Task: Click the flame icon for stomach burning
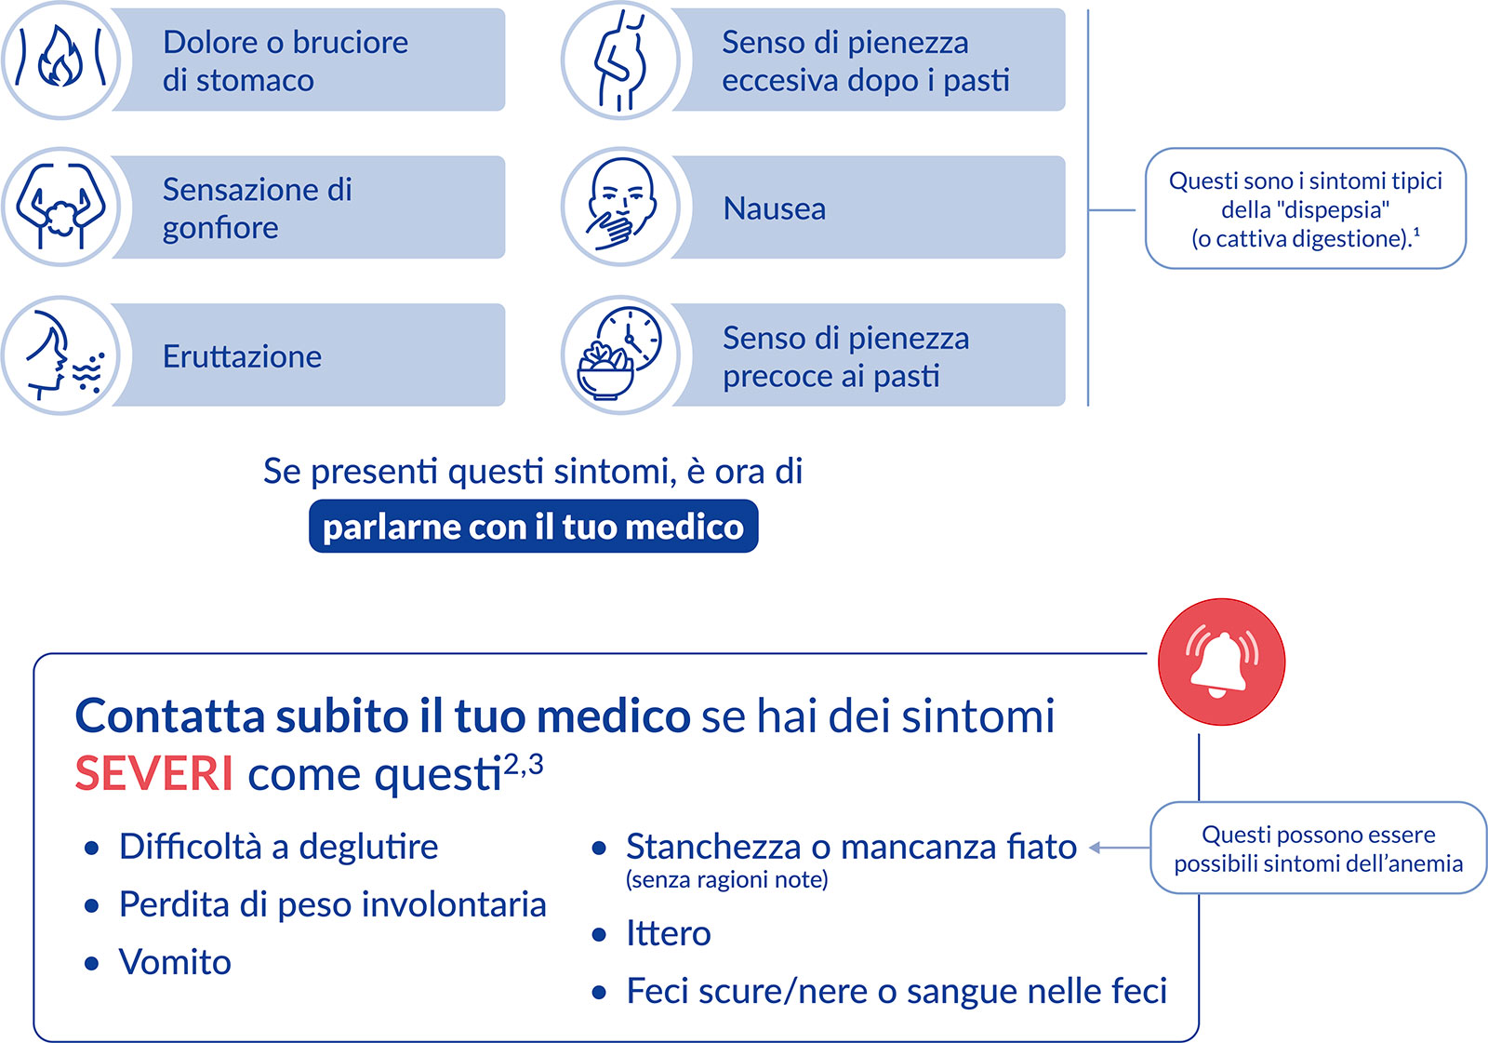click(x=60, y=57)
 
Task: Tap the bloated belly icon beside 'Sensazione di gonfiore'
click(x=60, y=206)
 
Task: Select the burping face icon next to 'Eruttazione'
click(x=64, y=355)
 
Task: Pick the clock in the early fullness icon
click(x=629, y=339)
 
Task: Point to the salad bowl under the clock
click(x=604, y=372)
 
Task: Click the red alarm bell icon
click(x=1221, y=662)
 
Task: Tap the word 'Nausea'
click(x=774, y=208)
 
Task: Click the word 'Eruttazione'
click(x=242, y=356)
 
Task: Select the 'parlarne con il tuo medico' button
click(x=534, y=526)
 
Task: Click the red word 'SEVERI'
click(x=154, y=773)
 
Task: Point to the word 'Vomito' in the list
click(x=175, y=962)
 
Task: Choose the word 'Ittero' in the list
click(x=669, y=933)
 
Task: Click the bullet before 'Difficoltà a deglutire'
click(x=92, y=849)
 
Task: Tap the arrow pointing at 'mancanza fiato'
click(x=1120, y=848)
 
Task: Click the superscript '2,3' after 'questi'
click(x=523, y=765)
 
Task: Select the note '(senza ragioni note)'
click(x=726, y=880)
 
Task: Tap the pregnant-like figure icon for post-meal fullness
click(x=620, y=60)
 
